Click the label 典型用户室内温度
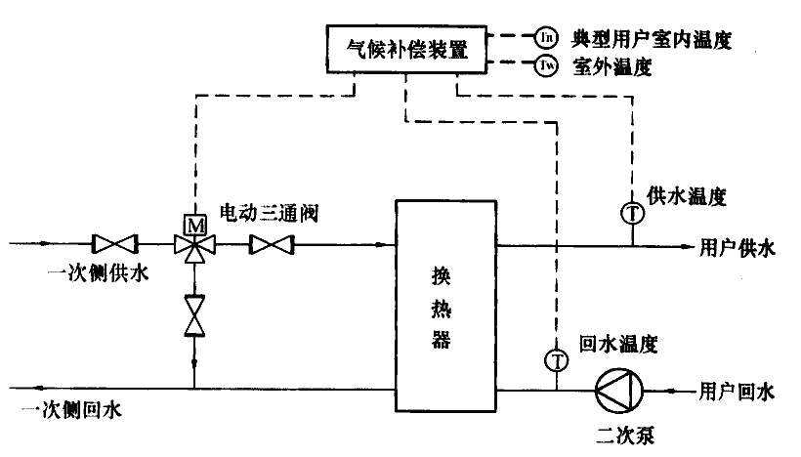(651, 39)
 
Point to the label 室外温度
(611, 67)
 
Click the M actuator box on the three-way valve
(194, 224)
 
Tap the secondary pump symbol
(616, 391)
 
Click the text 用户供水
(737, 248)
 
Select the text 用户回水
(737, 393)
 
